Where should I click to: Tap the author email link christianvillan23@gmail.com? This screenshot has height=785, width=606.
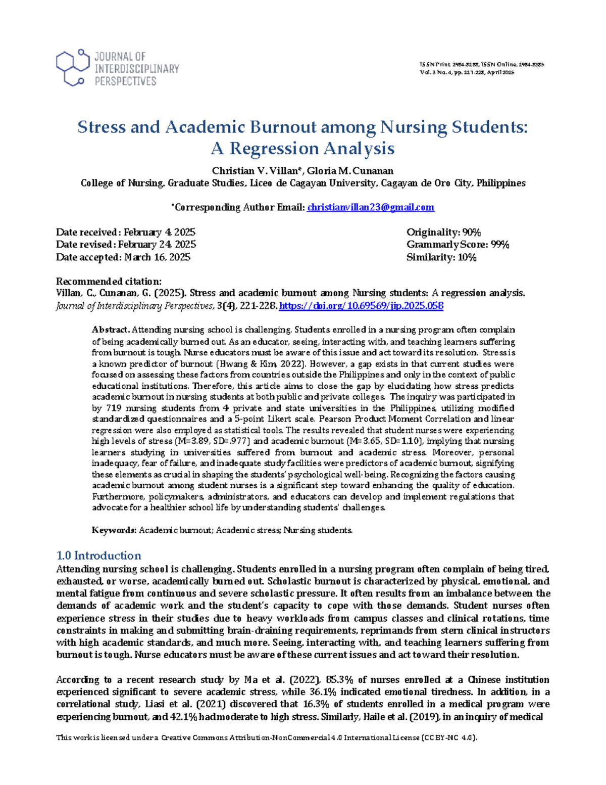click(x=371, y=207)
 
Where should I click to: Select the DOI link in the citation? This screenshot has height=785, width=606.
click(x=361, y=306)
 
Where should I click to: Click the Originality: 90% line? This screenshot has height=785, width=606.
click(x=443, y=233)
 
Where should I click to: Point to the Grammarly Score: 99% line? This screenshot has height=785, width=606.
click(x=458, y=245)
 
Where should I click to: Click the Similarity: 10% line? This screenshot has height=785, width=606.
click(x=441, y=257)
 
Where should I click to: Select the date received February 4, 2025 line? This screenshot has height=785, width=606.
click(x=125, y=233)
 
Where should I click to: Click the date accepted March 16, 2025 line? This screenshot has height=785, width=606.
click(x=123, y=257)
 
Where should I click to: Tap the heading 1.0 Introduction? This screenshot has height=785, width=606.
click(x=98, y=556)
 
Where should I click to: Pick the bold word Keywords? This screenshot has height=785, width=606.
click(x=114, y=530)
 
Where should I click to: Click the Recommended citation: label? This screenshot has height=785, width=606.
click(x=109, y=282)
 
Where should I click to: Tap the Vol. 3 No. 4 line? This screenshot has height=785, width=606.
click(x=467, y=72)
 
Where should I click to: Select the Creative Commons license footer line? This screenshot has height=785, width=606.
click(x=267, y=737)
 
